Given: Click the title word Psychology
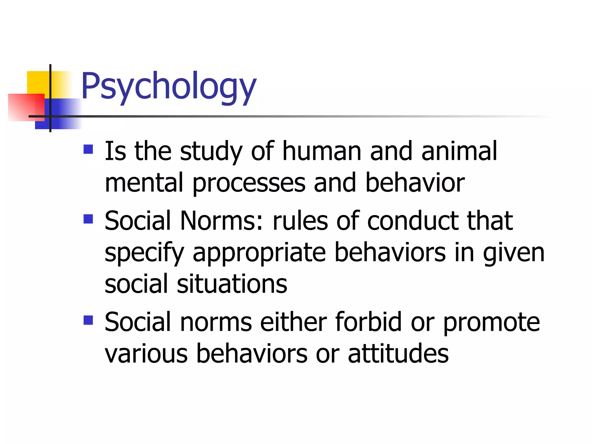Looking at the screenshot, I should pos(169,86).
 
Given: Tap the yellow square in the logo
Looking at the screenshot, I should pos(38,82).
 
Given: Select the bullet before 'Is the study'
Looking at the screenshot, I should pos(88,149).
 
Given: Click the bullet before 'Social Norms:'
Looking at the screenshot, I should pos(88,219).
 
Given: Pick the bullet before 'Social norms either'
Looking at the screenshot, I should pos(88,320).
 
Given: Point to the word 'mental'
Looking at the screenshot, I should pos(144,183).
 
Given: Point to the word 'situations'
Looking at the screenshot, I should pos(232,284).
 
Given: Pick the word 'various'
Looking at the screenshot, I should pos(146,354).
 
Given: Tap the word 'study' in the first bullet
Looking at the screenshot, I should pos(211,151).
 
